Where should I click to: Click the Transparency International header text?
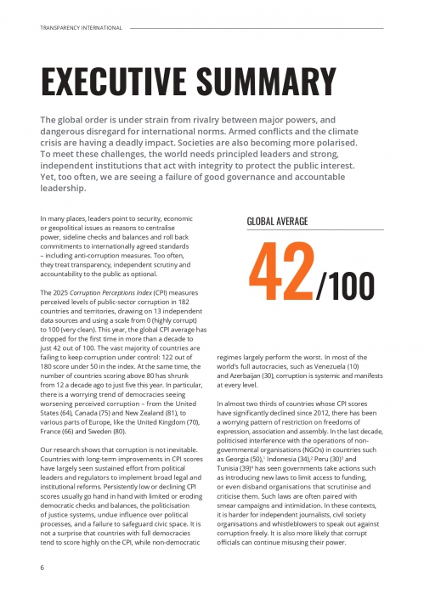point(82,27)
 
